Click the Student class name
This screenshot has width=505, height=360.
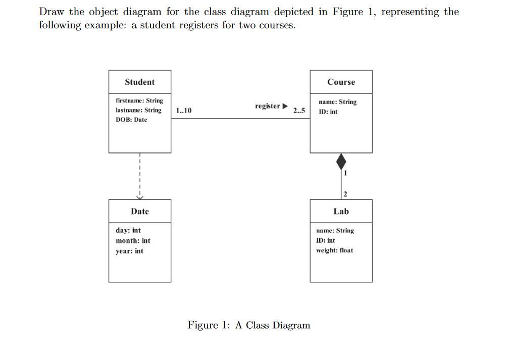pyautogui.click(x=140, y=82)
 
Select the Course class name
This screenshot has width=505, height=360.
pyautogui.click(x=341, y=82)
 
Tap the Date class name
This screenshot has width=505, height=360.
pyautogui.click(x=140, y=211)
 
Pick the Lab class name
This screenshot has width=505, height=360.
pyautogui.click(x=341, y=211)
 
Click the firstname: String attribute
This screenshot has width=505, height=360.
pyautogui.click(x=139, y=100)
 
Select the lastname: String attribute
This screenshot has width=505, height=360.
pyautogui.click(x=138, y=110)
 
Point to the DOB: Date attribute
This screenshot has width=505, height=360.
pyautogui.click(x=131, y=120)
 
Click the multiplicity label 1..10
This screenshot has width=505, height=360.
pyautogui.click(x=184, y=111)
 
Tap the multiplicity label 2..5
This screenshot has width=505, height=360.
pyautogui.click(x=299, y=111)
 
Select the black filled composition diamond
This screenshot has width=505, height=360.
pyautogui.click(x=341, y=162)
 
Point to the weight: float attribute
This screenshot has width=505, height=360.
pyautogui.click(x=334, y=250)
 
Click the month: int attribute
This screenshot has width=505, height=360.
pyautogui.click(x=133, y=241)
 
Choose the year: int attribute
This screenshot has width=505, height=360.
pyautogui.click(x=129, y=251)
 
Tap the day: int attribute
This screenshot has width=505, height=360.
pyautogui.click(x=128, y=230)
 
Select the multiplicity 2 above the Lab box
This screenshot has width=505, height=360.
pyautogui.click(x=345, y=194)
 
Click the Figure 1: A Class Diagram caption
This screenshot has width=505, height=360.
pyautogui.click(x=249, y=325)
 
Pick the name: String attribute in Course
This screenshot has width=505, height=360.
pyautogui.click(x=337, y=102)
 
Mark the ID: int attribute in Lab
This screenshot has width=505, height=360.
pyautogui.click(x=325, y=240)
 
